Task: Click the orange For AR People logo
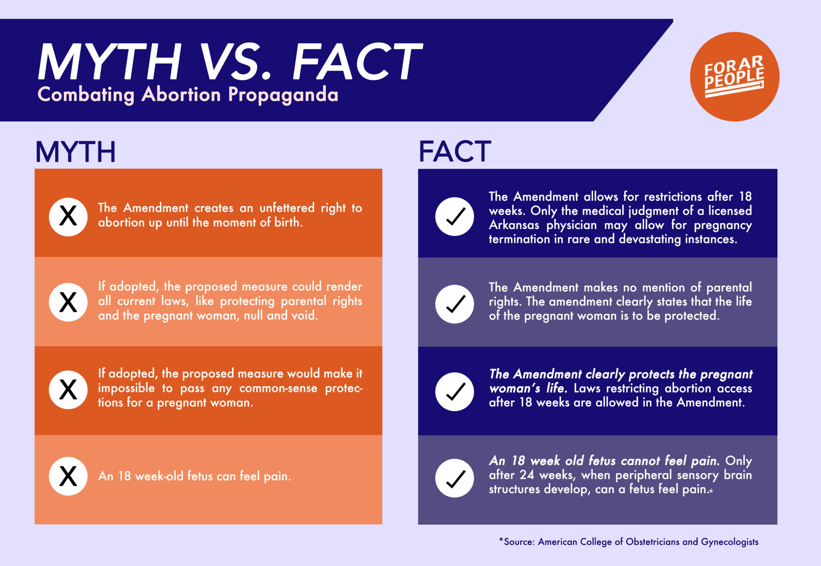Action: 734,77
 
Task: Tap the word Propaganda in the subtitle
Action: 283,95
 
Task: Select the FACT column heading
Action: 455,152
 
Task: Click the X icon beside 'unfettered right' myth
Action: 68,216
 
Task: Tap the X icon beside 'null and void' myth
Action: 68,302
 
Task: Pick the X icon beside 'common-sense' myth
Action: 68,389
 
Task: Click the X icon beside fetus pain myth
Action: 68,476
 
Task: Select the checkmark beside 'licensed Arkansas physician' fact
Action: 455,216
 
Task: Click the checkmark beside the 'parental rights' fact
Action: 455,303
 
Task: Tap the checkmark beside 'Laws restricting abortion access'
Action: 455,391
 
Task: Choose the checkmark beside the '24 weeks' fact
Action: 455,478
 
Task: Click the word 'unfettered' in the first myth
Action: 287,208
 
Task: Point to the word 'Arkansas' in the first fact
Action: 514,225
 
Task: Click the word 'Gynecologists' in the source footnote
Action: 729,542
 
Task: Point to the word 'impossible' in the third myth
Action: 126,388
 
